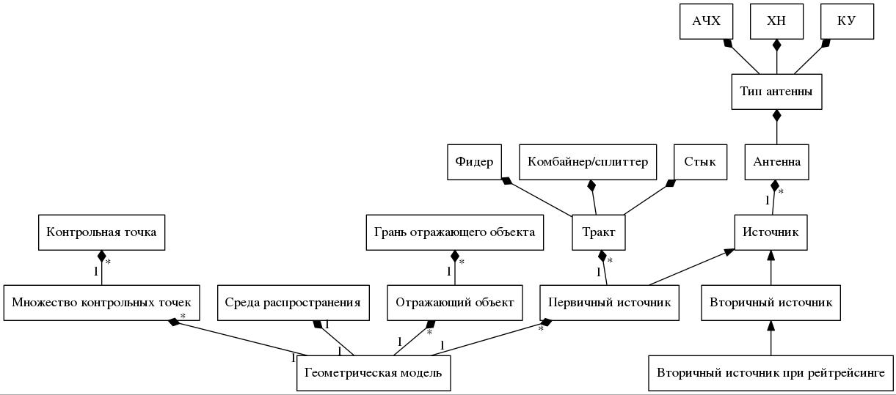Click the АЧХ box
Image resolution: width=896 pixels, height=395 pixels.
[706, 21]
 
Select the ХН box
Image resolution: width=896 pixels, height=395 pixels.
[776, 21]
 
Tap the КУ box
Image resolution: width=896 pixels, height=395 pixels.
[847, 21]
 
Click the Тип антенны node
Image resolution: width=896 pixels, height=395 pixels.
[776, 92]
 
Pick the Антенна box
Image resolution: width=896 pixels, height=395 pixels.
[776, 162]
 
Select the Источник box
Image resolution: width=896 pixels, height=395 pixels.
[771, 232]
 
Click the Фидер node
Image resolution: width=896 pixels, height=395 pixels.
[474, 162]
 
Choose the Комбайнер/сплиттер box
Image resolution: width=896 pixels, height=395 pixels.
[588, 162]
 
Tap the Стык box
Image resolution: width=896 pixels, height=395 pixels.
[699, 162]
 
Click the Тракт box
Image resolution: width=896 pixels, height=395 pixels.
[599, 232]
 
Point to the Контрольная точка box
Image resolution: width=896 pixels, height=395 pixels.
[101, 232]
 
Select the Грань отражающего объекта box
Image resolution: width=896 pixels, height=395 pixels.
[454, 232]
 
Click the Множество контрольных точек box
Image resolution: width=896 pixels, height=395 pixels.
[101, 303]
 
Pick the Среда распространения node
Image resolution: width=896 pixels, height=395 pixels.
[293, 303]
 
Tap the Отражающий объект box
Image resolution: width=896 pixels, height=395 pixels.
[454, 303]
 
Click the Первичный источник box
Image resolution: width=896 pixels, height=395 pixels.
[609, 303]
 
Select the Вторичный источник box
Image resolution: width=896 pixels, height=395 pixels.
[771, 303]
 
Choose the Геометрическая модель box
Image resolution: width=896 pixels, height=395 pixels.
[374, 373]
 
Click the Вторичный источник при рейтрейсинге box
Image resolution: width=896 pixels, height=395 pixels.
[771, 373]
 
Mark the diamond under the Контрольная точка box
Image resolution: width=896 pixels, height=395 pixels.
[101, 256]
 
